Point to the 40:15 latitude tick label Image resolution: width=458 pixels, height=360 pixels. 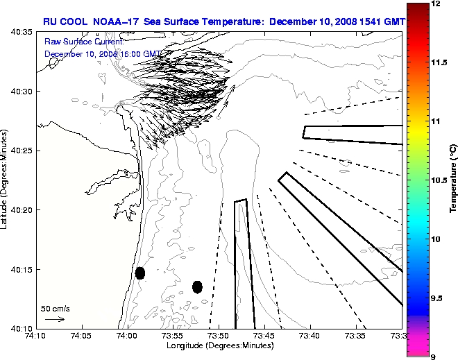point(17,269)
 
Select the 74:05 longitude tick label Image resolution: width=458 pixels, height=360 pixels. point(81,336)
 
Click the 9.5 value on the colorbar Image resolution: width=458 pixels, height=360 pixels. point(436,298)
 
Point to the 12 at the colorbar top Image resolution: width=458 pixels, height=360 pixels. point(435,4)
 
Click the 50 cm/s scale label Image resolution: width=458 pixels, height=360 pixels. point(55,308)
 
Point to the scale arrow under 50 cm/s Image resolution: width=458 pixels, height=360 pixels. point(55,319)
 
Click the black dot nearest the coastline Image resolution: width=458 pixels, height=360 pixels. point(140,273)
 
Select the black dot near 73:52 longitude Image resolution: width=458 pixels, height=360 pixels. point(197,286)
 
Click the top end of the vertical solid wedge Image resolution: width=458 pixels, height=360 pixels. point(240,201)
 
